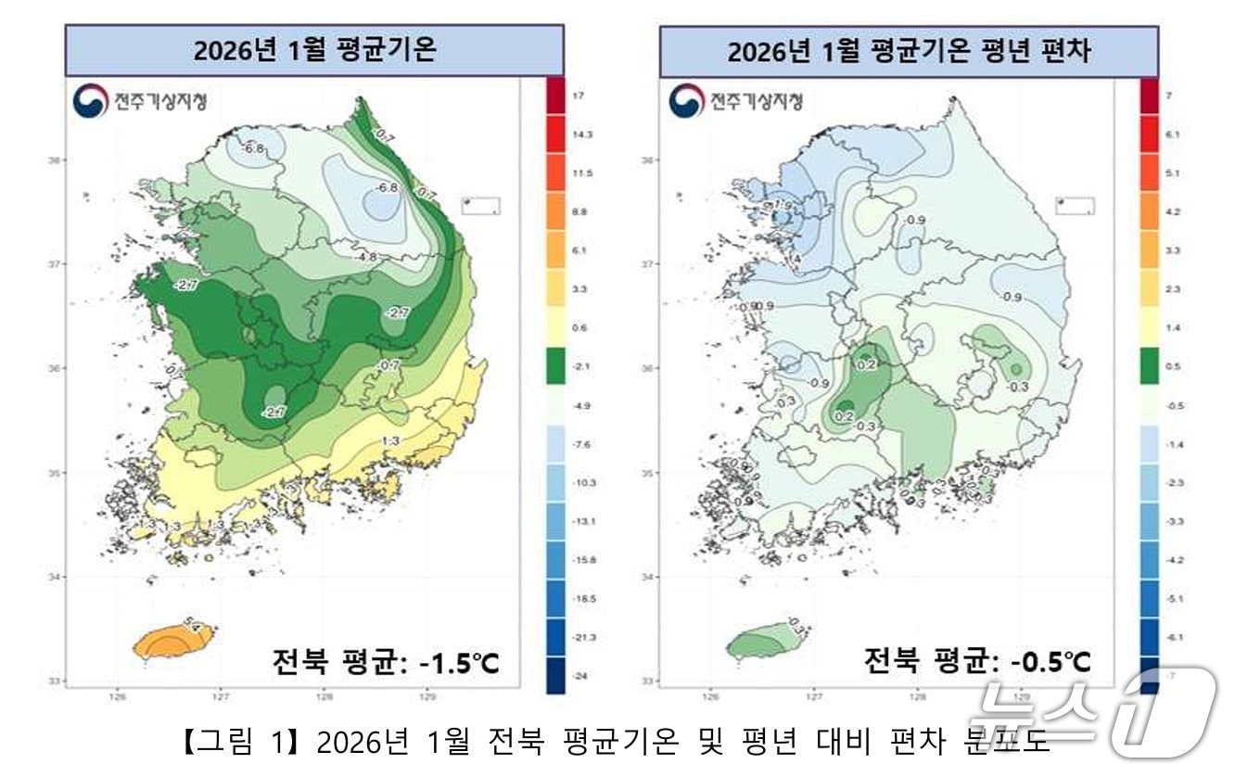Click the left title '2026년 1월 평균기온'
tap(314, 50)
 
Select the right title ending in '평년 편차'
tap(909, 52)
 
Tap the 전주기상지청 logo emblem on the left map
tap(90, 101)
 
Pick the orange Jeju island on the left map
tap(169, 643)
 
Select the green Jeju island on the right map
tap(765, 641)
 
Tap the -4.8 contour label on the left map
tap(367, 257)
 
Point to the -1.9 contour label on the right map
tap(782, 205)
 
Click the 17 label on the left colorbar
tap(578, 96)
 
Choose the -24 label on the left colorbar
tap(579, 677)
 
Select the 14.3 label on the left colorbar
tap(581, 134)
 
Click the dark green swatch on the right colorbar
tap(1150, 367)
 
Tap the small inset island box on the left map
tap(480, 205)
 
